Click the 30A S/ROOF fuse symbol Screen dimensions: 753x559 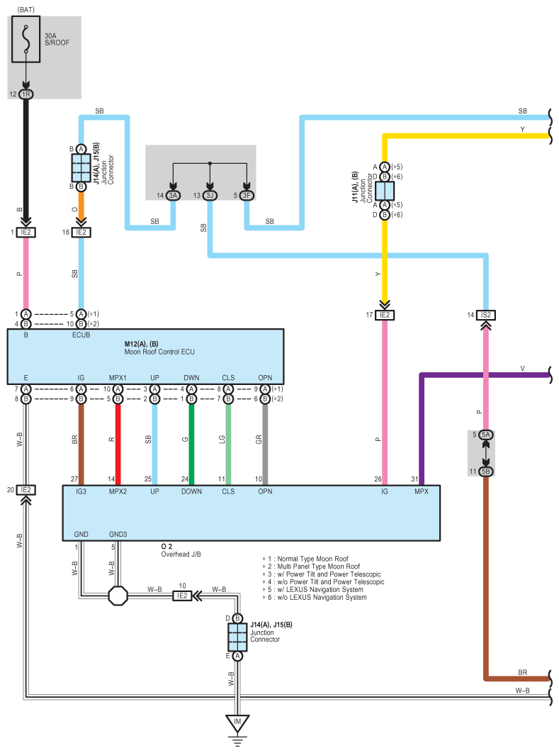(x=26, y=42)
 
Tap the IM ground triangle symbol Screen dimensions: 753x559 (x=237, y=724)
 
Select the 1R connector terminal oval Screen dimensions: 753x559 (x=26, y=94)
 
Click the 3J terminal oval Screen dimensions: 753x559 (x=210, y=196)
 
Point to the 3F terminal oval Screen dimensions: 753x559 (x=246, y=196)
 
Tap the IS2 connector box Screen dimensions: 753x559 (x=486, y=314)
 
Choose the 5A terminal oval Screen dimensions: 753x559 (x=486, y=435)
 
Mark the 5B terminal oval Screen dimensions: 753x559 (x=486, y=472)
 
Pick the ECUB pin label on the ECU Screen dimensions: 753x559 (x=81, y=335)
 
